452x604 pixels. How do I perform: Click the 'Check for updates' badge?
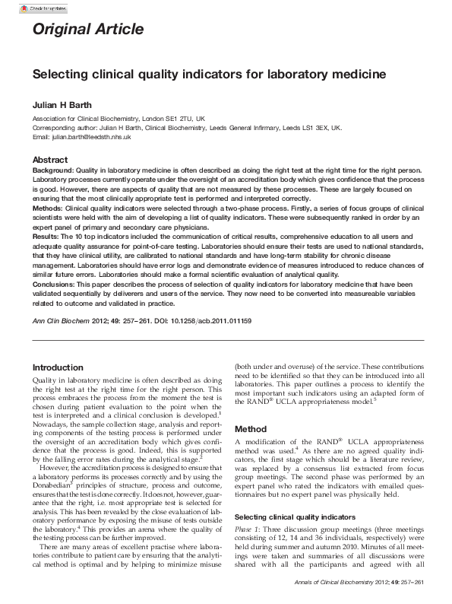(37, 8)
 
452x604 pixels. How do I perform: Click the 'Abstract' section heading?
(50, 160)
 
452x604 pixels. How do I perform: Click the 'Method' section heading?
(251, 429)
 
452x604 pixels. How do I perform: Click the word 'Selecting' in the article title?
(63, 75)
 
